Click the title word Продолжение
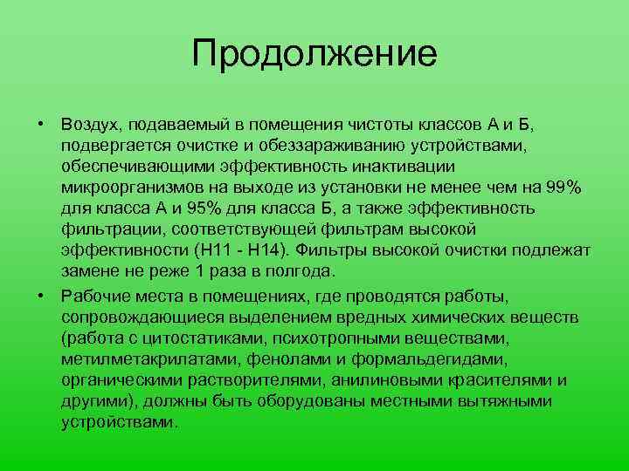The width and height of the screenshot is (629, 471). (314, 54)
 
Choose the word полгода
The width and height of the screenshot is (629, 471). (305, 272)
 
